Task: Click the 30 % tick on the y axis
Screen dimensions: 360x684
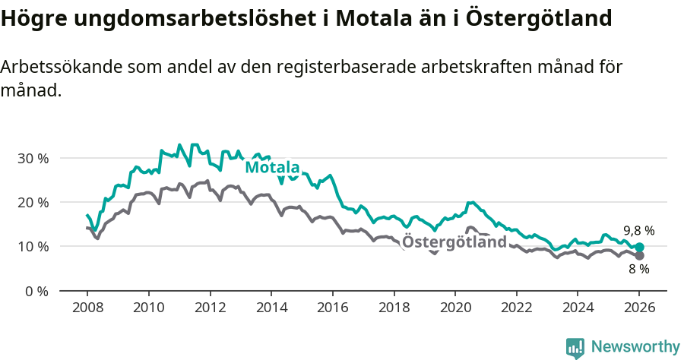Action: click(32, 158)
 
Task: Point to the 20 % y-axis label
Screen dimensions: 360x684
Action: click(32, 202)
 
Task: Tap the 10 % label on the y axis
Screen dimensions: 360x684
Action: click(32, 246)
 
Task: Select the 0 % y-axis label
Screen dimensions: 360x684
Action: click(35, 291)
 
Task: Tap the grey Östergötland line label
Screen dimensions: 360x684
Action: click(454, 242)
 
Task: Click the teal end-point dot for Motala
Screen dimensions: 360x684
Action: click(639, 247)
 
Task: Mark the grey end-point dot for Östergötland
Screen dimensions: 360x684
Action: click(639, 256)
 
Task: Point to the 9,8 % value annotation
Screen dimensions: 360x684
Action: click(638, 230)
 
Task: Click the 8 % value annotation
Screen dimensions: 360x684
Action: click(638, 270)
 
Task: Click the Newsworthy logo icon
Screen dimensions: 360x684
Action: click(575, 348)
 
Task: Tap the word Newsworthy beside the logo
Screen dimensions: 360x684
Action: click(635, 347)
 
